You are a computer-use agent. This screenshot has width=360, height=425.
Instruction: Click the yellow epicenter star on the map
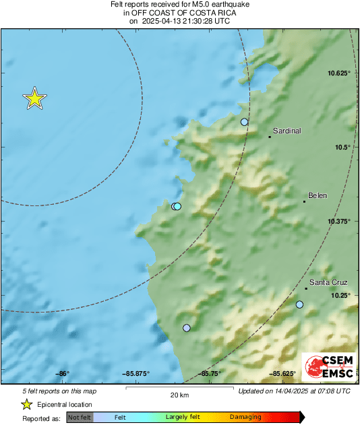[34, 99]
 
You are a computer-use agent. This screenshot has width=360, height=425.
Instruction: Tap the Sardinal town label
[287, 131]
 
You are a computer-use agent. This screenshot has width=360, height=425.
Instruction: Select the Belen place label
[317, 196]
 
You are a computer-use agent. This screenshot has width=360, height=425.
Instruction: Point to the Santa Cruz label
[328, 283]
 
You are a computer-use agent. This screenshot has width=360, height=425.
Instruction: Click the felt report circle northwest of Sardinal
[245, 122]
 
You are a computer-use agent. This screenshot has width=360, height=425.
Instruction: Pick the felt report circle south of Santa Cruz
[300, 305]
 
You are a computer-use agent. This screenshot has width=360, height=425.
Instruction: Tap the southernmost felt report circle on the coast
[187, 328]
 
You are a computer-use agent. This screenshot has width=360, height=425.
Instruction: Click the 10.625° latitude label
[339, 73]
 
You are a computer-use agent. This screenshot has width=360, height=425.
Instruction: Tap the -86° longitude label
[63, 373]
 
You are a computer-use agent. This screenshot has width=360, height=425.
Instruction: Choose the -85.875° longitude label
[136, 373]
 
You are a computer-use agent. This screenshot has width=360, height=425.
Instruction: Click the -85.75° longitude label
[210, 373]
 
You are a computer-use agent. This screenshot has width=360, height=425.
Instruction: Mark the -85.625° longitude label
[284, 373]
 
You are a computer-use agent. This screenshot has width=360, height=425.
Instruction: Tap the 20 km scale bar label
[179, 395]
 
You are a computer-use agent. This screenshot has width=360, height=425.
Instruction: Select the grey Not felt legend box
[80, 418]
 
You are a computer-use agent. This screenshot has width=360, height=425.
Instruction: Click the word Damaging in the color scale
[245, 418]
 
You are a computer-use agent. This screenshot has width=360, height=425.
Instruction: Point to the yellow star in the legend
[26, 404]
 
